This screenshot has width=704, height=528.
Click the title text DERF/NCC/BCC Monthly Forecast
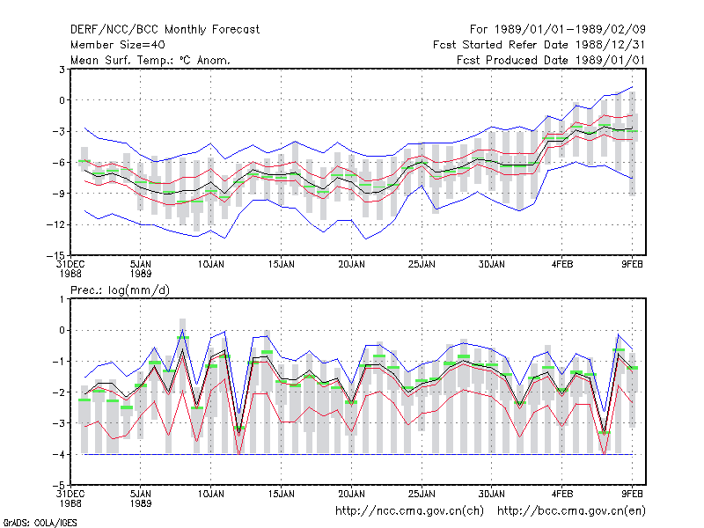tap(165, 30)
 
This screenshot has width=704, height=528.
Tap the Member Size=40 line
tap(118, 45)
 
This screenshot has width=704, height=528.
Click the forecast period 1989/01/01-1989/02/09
tap(570, 30)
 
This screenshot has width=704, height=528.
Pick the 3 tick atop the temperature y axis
tap(62, 70)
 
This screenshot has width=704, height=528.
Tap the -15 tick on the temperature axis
tap(55, 255)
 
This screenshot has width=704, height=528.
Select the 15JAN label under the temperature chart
tap(281, 265)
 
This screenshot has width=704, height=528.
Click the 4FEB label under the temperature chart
tap(562, 265)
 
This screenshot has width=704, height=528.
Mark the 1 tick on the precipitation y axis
tap(62, 299)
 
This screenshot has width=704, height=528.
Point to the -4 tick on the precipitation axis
tap(59, 454)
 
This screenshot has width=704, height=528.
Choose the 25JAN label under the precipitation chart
tap(422, 494)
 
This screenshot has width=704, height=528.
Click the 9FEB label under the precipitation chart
tap(632, 494)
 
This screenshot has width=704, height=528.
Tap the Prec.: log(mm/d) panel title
tap(120, 290)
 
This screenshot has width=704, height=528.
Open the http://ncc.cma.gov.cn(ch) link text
tap(409, 511)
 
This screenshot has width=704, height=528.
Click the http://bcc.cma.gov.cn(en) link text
tap(571, 511)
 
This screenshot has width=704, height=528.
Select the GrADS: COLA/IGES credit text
tap(40, 523)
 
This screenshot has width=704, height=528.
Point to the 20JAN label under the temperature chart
tap(351, 265)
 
